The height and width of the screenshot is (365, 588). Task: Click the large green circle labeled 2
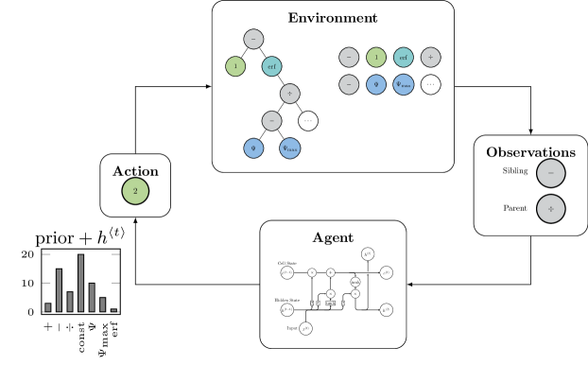tap(135, 191)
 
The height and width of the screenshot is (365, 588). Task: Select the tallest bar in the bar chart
tap(81, 283)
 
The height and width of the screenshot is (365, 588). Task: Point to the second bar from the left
tap(59, 290)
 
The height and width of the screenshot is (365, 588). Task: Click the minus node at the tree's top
tap(253, 39)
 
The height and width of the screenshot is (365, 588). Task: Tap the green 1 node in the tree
tap(235, 66)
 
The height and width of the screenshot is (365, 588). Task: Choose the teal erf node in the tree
tap(271, 66)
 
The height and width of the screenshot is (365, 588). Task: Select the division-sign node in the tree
tap(290, 94)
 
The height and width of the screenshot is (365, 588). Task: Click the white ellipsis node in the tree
tap(308, 121)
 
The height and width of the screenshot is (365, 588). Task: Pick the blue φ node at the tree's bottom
tap(253, 148)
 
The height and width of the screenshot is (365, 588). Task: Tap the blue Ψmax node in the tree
tap(290, 148)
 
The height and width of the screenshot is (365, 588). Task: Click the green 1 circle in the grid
tap(376, 58)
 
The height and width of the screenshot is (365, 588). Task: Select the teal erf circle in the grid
tap(404, 58)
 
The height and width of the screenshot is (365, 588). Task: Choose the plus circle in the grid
tap(431, 58)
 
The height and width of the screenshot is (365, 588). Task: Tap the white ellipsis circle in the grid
tap(431, 85)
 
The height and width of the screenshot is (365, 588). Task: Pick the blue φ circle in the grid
tap(376, 85)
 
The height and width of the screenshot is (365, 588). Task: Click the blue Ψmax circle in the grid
tap(404, 85)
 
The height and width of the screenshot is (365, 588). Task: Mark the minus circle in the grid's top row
tap(349, 58)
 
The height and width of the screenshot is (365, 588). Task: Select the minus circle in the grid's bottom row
tap(349, 85)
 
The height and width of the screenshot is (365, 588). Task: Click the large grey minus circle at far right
tap(551, 173)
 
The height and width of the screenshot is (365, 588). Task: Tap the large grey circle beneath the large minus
tap(551, 209)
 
